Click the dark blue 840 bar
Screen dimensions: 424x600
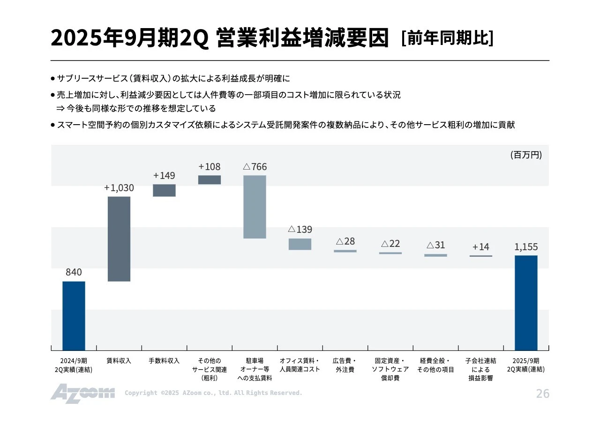74,316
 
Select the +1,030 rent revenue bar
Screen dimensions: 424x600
119,239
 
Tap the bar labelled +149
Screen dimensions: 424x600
164,190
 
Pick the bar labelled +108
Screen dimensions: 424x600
210,180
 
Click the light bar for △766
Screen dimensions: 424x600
255,207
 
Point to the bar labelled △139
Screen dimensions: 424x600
300,244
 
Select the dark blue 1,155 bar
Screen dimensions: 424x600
526,303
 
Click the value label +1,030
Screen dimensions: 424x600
119,188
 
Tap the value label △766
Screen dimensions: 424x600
255,167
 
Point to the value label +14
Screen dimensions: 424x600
480,247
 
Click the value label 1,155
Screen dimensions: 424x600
526,247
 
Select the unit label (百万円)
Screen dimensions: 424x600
526,155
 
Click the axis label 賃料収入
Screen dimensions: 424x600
119,361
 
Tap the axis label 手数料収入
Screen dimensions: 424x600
164,361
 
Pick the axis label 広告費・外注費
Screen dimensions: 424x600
345,365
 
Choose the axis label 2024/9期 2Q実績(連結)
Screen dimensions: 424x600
74,365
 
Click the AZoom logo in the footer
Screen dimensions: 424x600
82,394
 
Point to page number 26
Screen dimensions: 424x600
542,394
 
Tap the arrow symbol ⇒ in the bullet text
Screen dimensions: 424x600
60,109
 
